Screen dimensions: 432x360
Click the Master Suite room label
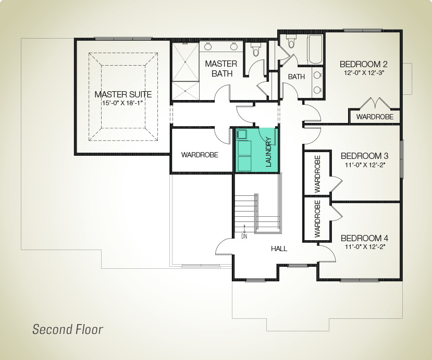click(123, 94)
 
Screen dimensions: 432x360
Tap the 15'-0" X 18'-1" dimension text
click(123, 103)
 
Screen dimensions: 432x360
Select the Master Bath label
click(221, 69)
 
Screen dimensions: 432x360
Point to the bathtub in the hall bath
click(315, 49)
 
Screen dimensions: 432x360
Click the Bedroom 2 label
click(364, 64)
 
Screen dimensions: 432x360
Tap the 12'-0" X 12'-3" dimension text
click(364, 73)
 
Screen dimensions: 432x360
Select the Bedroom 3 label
click(364, 156)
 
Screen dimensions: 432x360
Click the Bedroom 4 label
click(364, 238)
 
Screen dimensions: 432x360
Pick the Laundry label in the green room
click(268, 152)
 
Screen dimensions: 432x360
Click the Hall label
click(279, 249)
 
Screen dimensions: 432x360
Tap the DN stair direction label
click(244, 236)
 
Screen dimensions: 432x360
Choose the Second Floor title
click(68, 329)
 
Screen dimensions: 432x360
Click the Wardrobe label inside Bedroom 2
click(375, 117)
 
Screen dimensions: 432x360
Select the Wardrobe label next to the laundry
click(200, 155)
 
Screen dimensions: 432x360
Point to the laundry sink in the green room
click(242, 135)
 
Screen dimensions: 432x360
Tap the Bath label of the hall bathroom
click(297, 77)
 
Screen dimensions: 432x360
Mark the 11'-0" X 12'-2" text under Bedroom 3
click(364, 165)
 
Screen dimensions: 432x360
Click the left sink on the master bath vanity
click(208, 46)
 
